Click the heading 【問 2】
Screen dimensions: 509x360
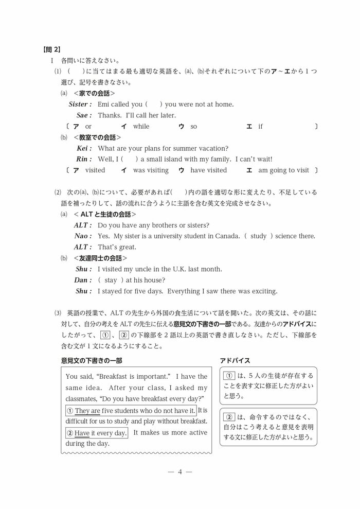(51, 49)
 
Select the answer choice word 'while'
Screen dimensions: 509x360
(141, 126)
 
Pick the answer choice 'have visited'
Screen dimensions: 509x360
(208, 170)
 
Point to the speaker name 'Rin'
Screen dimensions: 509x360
(84, 159)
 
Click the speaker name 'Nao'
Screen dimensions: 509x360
(83, 236)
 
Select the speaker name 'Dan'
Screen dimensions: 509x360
(83, 280)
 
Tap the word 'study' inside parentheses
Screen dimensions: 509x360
(258, 236)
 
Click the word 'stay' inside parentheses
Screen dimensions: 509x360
(111, 280)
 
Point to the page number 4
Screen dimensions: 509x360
(180, 471)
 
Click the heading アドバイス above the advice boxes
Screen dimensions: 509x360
(235, 361)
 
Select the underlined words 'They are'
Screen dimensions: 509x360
(87, 411)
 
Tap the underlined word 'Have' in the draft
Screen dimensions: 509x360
(82, 433)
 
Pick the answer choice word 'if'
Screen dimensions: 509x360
(260, 126)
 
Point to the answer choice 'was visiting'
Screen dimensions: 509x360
(151, 170)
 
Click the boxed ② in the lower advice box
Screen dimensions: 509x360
(230, 417)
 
